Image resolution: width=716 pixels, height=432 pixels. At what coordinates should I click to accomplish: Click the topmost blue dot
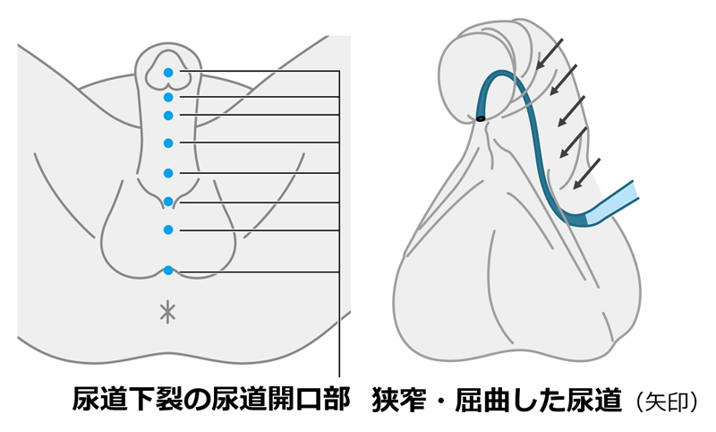[x=168, y=72]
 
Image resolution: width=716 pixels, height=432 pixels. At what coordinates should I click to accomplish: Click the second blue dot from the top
[x=168, y=97]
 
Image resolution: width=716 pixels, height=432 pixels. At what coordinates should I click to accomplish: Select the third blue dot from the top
[x=168, y=115]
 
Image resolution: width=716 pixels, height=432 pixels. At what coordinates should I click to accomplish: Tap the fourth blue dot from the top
[x=168, y=143]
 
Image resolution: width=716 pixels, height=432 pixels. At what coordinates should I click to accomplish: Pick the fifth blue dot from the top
[x=168, y=173]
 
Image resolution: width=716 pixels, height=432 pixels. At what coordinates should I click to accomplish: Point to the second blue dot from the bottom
[x=168, y=229]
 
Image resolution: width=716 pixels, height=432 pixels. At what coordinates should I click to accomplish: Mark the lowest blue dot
[x=168, y=271]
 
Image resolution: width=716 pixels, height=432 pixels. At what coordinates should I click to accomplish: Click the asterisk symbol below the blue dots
[x=167, y=312]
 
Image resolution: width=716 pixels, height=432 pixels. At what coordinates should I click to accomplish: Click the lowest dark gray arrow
[x=586, y=174]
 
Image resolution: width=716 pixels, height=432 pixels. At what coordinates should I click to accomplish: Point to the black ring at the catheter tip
[x=481, y=117]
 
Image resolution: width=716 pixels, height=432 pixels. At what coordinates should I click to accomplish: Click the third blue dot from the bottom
[x=168, y=201]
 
